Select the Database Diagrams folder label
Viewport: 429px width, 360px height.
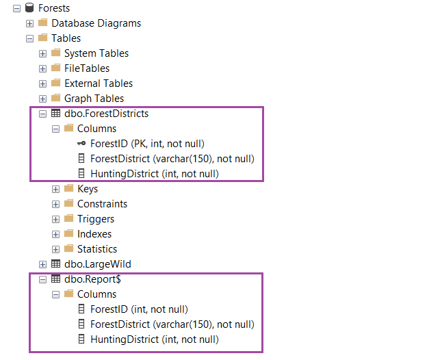click(x=96, y=23)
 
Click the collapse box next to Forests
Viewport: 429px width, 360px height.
click(x=16, y=8)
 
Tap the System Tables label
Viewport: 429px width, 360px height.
click(x=96, y=53)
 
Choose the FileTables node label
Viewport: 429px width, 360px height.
click(x=86, y=68)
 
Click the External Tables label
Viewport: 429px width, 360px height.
click(x=99, y=83)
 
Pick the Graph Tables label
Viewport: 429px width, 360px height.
click(x=94, y=99)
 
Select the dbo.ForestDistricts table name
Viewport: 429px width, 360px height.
click(x=106, y=114)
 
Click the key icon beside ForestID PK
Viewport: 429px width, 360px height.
click(x=81, y=144)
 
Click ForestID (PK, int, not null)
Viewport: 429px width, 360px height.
click(x=147, y=144)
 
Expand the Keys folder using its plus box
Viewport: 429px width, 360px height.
click(x=55, y=189)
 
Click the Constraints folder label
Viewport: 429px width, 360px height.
click(x=102, y=204)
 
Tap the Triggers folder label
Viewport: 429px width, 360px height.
click(x=95, y=219)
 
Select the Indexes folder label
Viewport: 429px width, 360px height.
click(x=94, y=234)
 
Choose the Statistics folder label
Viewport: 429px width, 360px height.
click(x=96, y=249)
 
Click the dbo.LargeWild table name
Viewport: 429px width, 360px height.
click(x=97, y=264)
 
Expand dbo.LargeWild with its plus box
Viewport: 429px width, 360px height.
click(x=42, y=264)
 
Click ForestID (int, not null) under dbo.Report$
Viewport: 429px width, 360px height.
click(x=139, y=309)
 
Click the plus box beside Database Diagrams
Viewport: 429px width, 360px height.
click(x=29, y=23)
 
